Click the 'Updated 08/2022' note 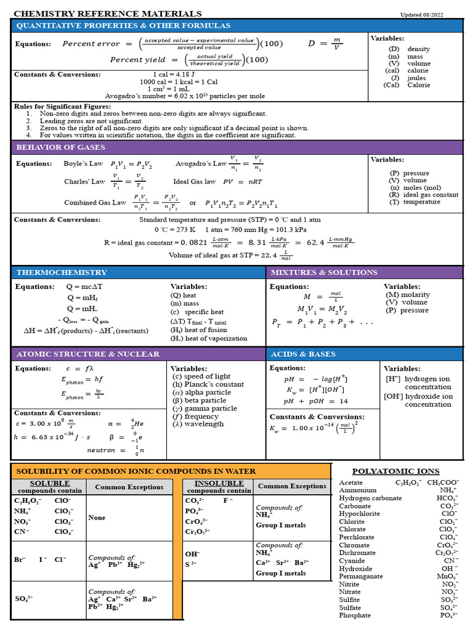pyautogui.click(x=422, y=15)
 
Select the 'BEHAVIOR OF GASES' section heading pyautogui.click(x=60, y=147)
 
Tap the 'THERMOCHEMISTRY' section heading pyautogui.click(x=62, y=272)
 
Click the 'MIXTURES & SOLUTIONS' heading pyautogui.click(x=324, y=272)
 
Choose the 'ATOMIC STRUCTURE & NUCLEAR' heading pyautogui.click(x=87, y=354)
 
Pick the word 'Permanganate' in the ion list pyautogui.click(x=360, y=576)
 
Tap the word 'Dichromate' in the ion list pyautogui.click(x=357, y=553)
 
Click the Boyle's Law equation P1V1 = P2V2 pyautogui.click(x=131, y=165)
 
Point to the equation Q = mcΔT pyautogui.click(x=85, y=287)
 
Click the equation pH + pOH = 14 pyautogui.click(x=316, y=401)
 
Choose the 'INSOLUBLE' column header pyautogui.click(x=219, y=483)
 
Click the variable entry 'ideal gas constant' pyautogui.click(x=431, y=195)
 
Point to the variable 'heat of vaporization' pyautogui.click(x=212, y=338)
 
